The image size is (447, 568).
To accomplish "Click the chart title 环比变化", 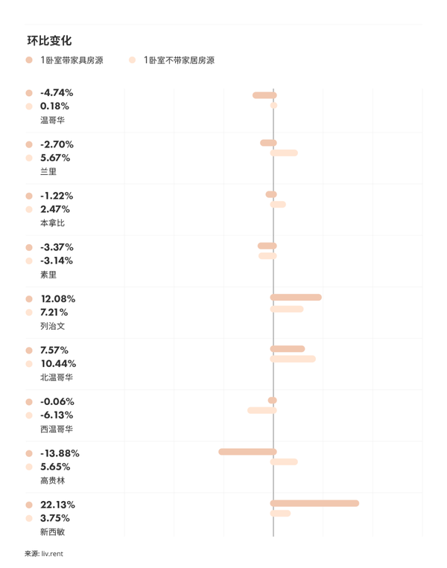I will [49, 41].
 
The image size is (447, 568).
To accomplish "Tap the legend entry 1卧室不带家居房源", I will [179, 60].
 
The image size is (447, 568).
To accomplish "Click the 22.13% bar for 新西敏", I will [314, 503].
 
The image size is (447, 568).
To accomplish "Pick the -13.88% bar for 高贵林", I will [247, 452].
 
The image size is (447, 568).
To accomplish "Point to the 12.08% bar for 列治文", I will [296, 297].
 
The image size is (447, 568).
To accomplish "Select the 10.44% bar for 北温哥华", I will [293, 359].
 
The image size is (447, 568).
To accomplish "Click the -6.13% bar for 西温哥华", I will [262, 410].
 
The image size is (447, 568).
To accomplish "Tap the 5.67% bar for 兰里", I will [284, 153].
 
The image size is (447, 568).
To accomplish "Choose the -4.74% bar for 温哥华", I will [264, 95].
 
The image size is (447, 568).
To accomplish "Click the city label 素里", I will [48, 275].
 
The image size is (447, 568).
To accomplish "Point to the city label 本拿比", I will [52, 223].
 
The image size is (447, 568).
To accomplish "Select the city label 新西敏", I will [52, 532].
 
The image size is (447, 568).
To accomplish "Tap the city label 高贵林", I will [52, 481].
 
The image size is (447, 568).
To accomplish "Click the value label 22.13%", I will [57, 505].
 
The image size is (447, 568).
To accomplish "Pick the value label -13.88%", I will [60, 453].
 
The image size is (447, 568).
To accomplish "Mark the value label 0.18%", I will [54, 106].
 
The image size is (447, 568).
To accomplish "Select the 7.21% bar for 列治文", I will [287, 309].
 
